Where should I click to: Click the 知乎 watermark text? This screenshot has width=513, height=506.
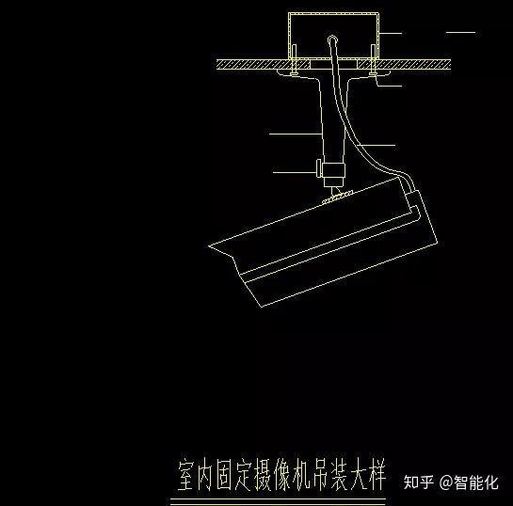point(419,482)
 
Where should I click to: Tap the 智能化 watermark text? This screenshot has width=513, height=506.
point(476,482)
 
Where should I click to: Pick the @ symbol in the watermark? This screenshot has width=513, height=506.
point(446,482)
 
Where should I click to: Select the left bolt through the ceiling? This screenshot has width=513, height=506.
point(294,60)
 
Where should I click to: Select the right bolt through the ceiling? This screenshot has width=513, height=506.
point(373,60)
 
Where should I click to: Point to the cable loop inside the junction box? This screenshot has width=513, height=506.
point(332,40)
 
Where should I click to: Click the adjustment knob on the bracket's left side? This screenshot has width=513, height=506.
point(319,168)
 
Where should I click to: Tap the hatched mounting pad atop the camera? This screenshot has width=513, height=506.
point(338,198)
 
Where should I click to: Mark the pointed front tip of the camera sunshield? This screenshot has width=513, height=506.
point(209,245)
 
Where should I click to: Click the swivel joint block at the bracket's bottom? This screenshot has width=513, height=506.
point(333,170)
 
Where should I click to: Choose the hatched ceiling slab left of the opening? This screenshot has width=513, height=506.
point(263,64)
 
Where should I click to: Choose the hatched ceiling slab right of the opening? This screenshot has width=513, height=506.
point(404,64)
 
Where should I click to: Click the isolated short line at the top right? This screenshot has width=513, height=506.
point(460,32)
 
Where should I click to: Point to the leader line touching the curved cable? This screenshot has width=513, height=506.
point(376,145)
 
